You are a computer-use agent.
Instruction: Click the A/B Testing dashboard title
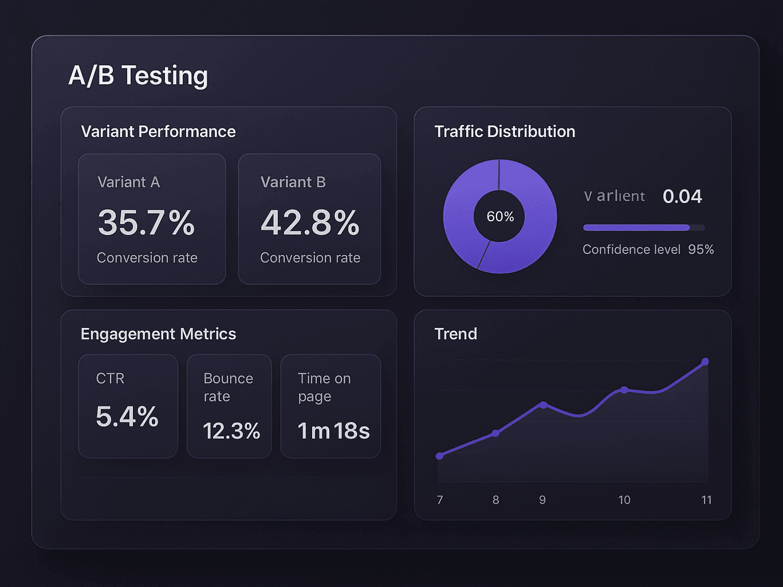pos(138,76)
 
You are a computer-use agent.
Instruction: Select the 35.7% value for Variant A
pos(147,222)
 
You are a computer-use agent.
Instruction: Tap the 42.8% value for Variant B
pos(310,222)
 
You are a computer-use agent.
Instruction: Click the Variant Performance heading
pos(158,131)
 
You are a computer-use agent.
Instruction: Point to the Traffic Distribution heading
pos(505,131)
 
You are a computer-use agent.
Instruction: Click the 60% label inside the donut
pos(500,217)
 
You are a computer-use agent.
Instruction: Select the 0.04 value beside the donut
pos(682,197)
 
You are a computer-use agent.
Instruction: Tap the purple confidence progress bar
pos(636,228)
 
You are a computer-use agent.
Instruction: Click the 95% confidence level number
pos(701,249)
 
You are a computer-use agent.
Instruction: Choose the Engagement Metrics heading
pos(158,334)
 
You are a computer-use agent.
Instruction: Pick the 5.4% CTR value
pos(127,417)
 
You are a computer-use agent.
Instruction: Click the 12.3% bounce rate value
pos(231,431)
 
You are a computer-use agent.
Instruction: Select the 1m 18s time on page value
pos(333,431)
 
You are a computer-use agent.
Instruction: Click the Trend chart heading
pos(455,334)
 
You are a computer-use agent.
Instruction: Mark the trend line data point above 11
pos(705,362)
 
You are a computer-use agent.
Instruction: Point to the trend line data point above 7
pos(439,456)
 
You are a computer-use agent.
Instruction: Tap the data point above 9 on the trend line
pos(543,405)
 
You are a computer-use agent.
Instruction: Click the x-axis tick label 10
pos(624,500)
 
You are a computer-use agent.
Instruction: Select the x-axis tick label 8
pos(495,500)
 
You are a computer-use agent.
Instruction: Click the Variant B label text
pos(293,182)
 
